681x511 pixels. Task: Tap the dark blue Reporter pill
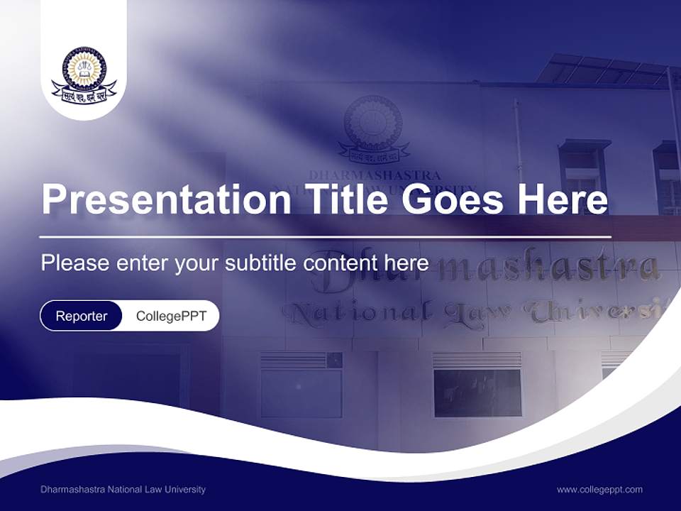pyautogui.click(x=82, y=316)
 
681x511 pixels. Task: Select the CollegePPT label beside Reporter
pyautogui.click(x=171, y=316)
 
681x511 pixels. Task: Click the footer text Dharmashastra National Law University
pyautogui.click(x=123, y=489)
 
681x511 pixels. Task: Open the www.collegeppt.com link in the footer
pyautogui.click(x=599, y=489)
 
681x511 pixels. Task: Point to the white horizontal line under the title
pyautogui.click(x=326, y=236)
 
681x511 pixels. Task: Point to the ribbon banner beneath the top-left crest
pyautogui.click(x=84, y=93)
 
